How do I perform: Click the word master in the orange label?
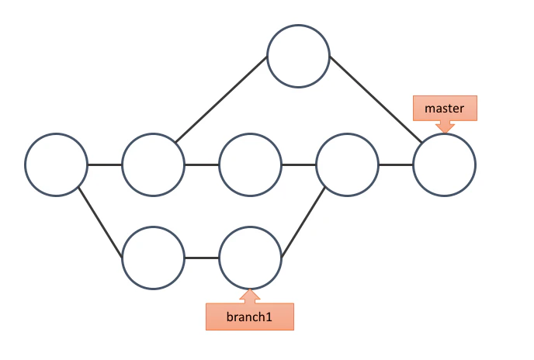(444, 109)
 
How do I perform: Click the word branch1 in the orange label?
(249, 317)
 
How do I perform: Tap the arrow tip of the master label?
(445, 133)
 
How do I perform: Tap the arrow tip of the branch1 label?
(250, 289)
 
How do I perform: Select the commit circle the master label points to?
(444, 164)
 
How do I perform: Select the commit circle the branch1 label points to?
(250, 258)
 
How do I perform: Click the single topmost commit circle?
(298, 56)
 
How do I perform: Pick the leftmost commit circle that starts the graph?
(56, 164)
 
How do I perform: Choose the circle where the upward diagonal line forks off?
(153, 164)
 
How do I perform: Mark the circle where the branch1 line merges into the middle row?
(347, 164)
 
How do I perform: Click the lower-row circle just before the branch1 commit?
(153, 258)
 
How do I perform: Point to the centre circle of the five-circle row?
(250, 164)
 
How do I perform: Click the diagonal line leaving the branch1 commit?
(303, 222)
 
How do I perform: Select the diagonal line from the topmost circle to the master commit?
(376, 99)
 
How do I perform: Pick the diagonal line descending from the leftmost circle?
(100, 223)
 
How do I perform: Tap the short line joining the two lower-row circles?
(202, 258)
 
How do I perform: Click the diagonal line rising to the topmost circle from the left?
(221, 99)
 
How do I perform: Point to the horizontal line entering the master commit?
(396, 164)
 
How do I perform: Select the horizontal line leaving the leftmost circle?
(105, 164)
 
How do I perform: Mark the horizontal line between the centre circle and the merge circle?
(299, 164)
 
